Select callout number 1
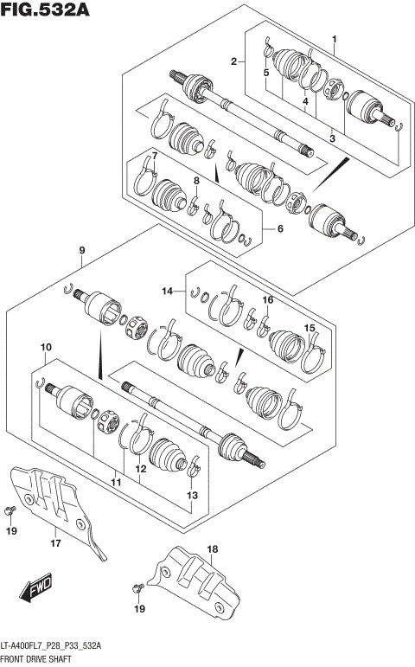point(335,39)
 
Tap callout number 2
point(233,61)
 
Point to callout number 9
point(81,251)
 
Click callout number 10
point(43,348)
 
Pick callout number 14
point(167,291)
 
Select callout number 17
point(54,544)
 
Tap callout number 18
point(213,549)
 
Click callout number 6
point(279,228)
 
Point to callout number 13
point(192,495)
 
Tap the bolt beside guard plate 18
point(137,588)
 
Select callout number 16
point(268,299)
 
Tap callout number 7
point(154,156)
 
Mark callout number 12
point(138,470)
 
